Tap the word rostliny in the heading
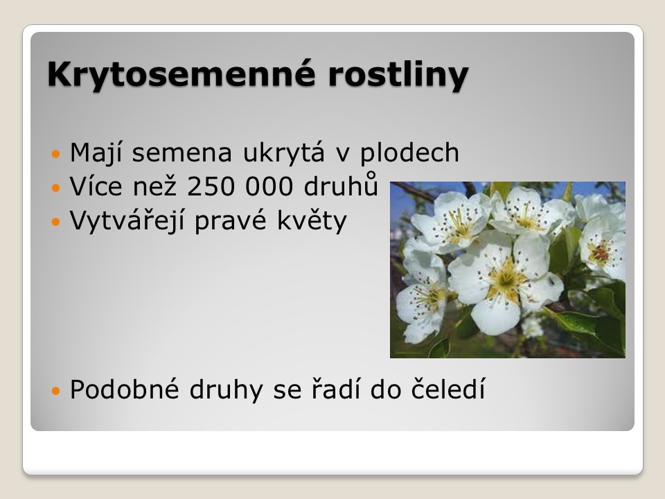pyautogui.click(x=398, y=76)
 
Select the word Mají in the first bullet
pyautogui.click(x=96, y=153)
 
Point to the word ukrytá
pyautogui.click(x=284, y=152)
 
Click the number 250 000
pyautogui.click(x=240, y=187)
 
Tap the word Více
pyautogui.click(x=96, y=186)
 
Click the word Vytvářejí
pyautogui.click(x=127, y=221)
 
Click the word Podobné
pyautogui.click(x=125, y=389)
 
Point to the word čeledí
pyautogui.click(x=448, y=389)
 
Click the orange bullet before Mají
pyautogui.click(x=56, y=154)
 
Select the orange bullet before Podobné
pyautogui.click(x=56, y=390)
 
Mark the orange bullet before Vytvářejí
pyautogui.click(x=56, y=222)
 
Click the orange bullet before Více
pyautogui.click(x=56, y=187)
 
